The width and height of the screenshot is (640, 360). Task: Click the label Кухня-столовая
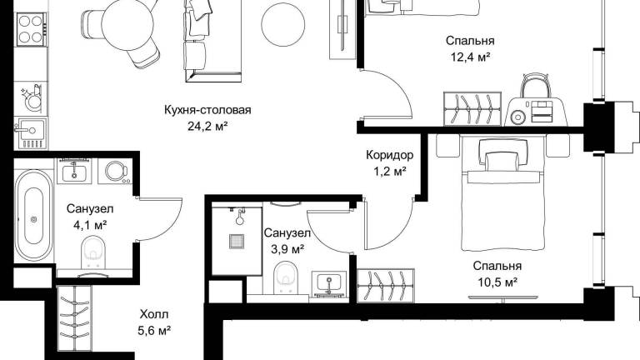207,110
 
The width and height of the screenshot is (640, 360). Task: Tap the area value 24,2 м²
207,127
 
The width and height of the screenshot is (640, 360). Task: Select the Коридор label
389,155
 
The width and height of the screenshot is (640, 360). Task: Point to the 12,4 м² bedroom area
470,57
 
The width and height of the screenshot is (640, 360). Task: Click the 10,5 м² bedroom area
497,282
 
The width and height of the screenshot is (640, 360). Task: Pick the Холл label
154,314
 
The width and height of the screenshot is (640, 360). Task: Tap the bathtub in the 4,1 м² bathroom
34,216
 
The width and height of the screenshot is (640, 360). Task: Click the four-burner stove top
31,29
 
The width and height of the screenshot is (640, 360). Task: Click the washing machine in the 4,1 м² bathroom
116,171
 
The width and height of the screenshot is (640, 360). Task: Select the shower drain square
237,241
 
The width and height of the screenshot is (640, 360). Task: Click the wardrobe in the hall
75,319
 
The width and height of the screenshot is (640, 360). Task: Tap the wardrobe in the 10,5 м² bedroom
386,286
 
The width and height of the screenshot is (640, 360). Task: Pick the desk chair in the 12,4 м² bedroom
535,85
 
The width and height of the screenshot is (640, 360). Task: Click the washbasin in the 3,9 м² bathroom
329,282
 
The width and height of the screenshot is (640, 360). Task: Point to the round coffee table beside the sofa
282,24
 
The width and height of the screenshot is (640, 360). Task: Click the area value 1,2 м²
389,172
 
